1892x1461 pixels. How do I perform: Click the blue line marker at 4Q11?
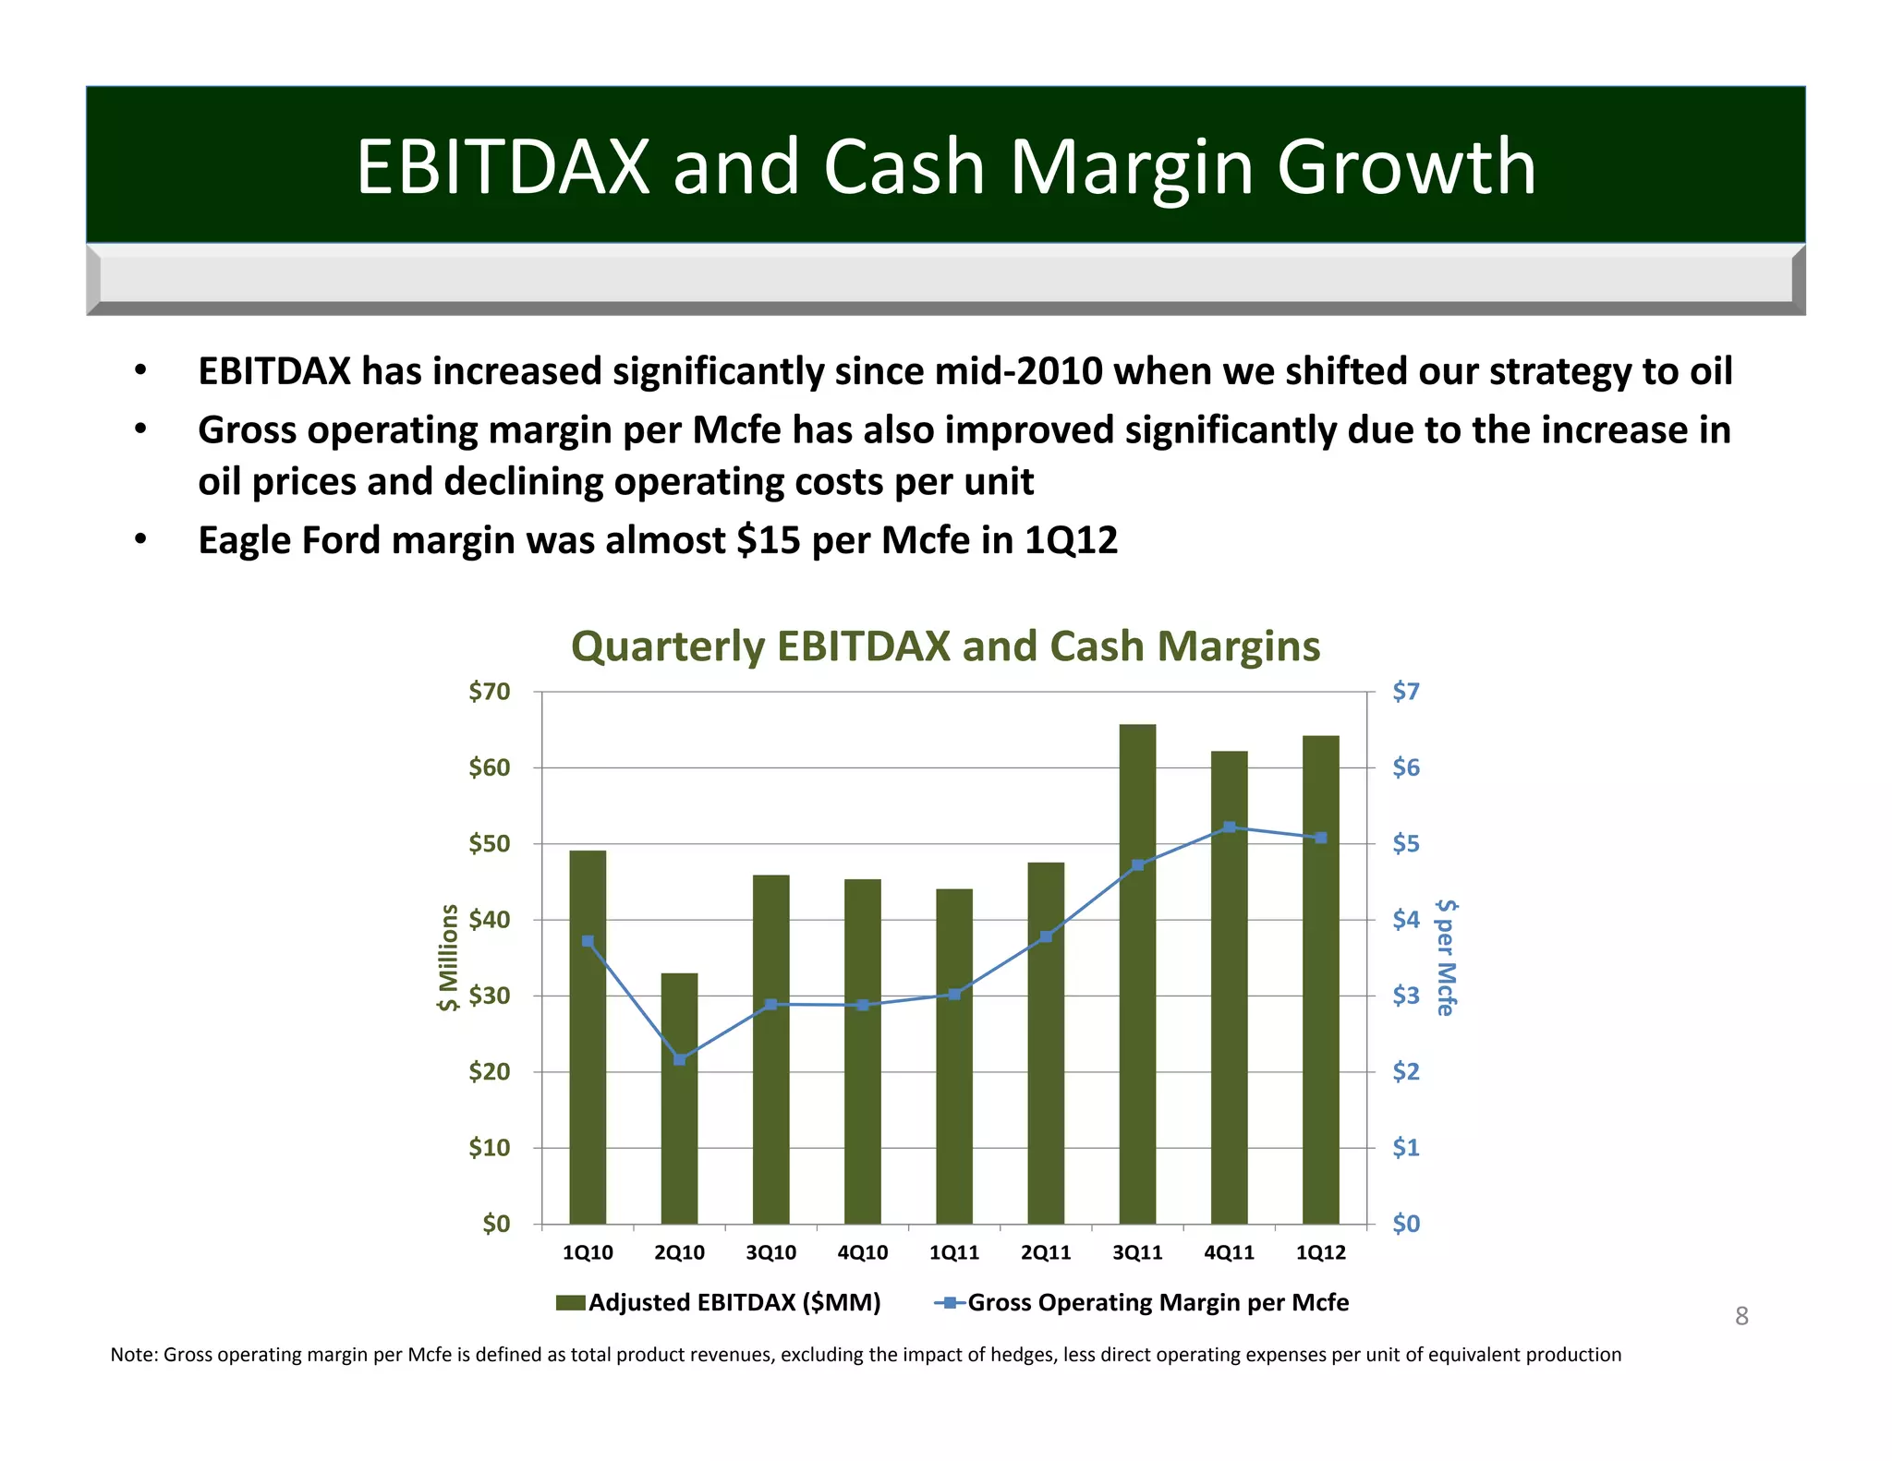[x=1229, y=827]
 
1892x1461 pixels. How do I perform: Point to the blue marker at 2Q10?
[x=679, y=1059]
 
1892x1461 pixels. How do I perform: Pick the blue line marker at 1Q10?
[x=588, y=941]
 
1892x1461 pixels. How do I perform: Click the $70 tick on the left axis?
[x=489, y=692]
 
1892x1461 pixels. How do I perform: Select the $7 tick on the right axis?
[x=1405, y=692]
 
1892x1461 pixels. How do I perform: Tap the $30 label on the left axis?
[x=489, y=996]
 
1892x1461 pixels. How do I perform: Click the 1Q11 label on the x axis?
[x=953, y=1252]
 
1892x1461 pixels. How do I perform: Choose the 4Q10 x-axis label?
[x=862, y=1252]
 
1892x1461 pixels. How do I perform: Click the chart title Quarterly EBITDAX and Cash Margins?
[x=945, y=646]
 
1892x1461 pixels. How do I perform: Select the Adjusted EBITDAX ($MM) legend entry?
[x=734, y=1302]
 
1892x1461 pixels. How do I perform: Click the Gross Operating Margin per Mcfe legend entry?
[x=1157, y=1302]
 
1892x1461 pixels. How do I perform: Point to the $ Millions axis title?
[x=448, y=957]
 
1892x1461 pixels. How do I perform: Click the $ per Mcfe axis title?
[x=1447, y=957]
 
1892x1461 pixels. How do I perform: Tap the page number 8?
[x=1741, y=1316]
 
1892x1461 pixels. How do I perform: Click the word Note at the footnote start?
[x=133, y=1355]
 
